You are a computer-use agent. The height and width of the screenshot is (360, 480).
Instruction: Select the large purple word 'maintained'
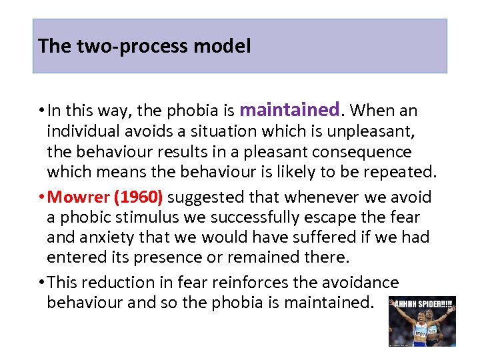pyautogui.click(x=289, y=109)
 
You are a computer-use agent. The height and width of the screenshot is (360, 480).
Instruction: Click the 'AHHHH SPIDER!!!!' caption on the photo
pyautogui.click(x=422, y=301)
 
